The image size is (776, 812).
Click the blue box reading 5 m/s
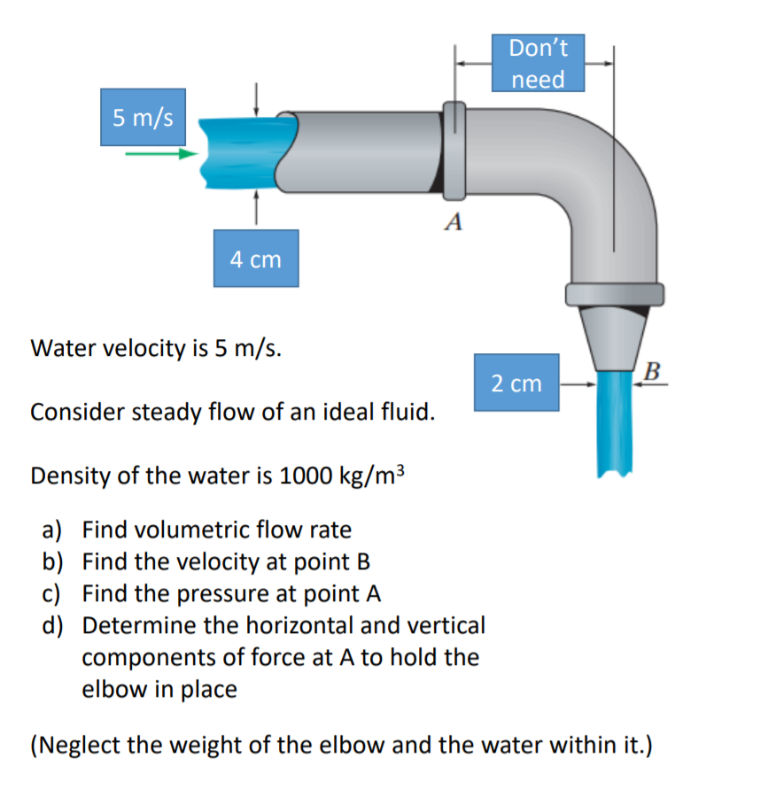point(143,117)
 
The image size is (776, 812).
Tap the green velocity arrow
point(159,154)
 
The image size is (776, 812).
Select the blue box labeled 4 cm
point(255,259)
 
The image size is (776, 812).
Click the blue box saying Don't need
point(539,63)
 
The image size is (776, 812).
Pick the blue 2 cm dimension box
point(516,383)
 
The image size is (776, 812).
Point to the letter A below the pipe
point(454,222)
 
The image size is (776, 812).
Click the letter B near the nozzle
point(653,369)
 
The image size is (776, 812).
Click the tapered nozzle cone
point(614,336)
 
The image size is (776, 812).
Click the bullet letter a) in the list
point(53,530)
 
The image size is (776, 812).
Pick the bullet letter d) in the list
point(53,626)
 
